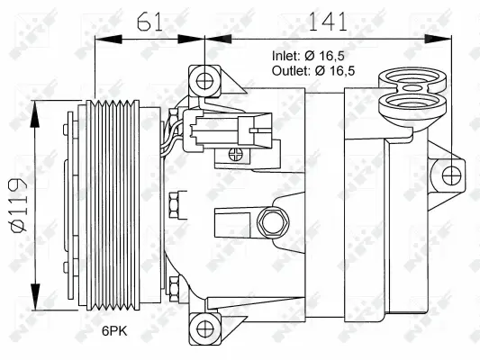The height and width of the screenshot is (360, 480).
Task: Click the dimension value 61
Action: [149, 19]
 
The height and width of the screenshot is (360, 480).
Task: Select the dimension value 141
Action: [329, 19]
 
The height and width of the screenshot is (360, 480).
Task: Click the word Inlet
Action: [287, 55]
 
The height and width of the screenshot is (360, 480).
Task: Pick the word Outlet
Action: [291, 69]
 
